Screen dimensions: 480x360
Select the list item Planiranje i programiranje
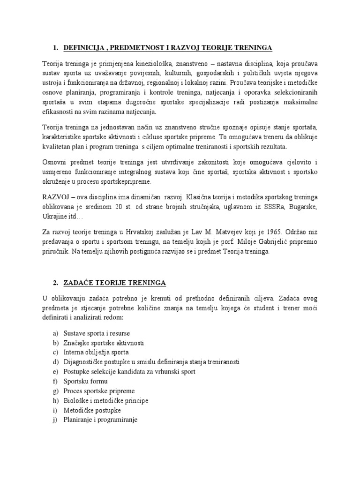coord(100,420)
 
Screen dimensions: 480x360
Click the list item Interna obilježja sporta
coord(96,352)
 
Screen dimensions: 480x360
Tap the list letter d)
coord(56,361)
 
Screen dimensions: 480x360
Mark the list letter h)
coord(56,401)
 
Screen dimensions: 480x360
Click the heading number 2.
coord(55,283)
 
